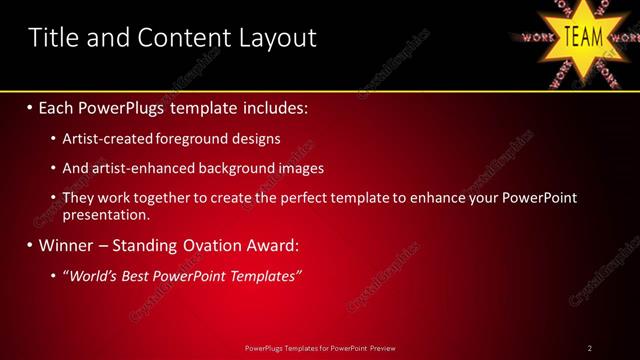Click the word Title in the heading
[x=52, y=38]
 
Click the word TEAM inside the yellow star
[x=584, y=37]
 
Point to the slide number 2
[x=590, y=347]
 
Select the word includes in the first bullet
[x=270, y=107]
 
